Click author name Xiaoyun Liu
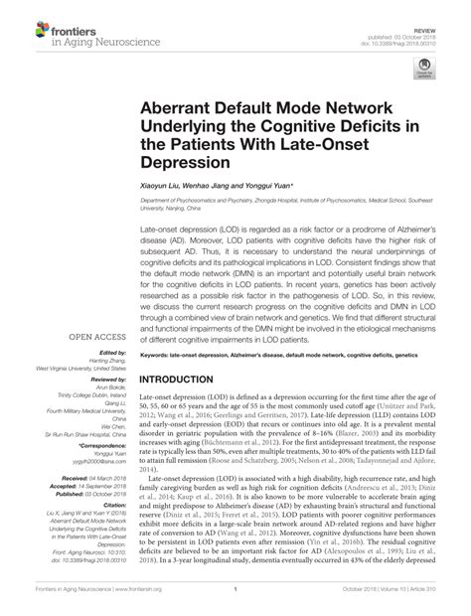tap(163, 186)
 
